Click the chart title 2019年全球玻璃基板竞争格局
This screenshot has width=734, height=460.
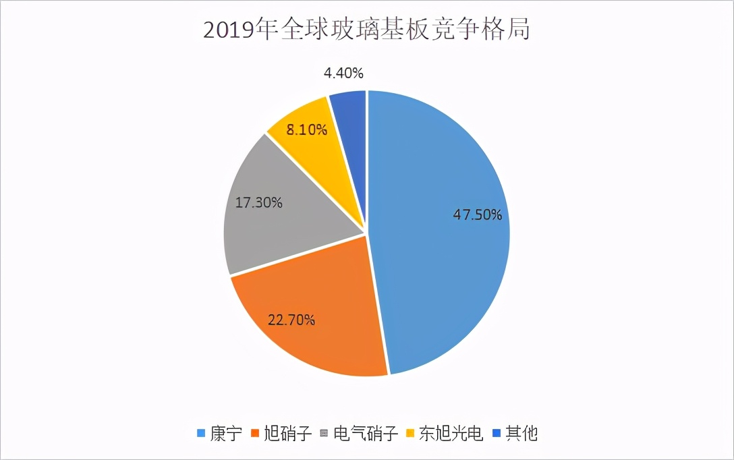click(366, 31)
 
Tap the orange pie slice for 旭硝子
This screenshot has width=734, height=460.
click(310, 324)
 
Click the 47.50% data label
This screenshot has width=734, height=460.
click(476, 215)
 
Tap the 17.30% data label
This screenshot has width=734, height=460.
click(258, 202)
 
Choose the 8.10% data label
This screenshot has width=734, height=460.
click(307, 130)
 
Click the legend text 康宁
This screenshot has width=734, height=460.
click(225, 434)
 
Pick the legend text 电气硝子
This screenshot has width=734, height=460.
click(367, 434)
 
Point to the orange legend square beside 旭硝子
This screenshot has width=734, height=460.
click(255, 434)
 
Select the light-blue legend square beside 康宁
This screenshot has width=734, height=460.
click(200, 434)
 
